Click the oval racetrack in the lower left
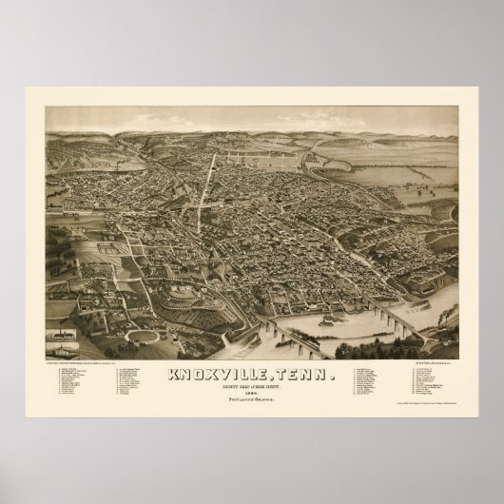click(x=142, y=337)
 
